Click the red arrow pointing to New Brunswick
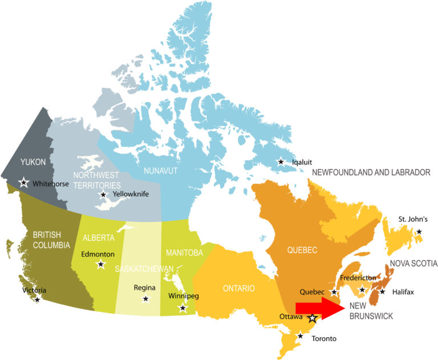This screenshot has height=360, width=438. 319,308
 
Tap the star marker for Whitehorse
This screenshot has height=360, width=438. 23,183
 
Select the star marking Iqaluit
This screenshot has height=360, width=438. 281,162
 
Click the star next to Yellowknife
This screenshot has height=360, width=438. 103,195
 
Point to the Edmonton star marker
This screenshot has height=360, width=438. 101,264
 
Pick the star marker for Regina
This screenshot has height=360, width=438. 146,298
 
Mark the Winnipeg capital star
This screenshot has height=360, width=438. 182,308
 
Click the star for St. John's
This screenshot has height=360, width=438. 419,232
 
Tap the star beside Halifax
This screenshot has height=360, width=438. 382,292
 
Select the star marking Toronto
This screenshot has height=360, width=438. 301,335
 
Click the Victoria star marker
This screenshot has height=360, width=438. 38,299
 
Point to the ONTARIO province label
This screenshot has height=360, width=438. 238,288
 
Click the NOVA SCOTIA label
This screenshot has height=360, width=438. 413,264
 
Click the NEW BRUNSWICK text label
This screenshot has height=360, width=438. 371,311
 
